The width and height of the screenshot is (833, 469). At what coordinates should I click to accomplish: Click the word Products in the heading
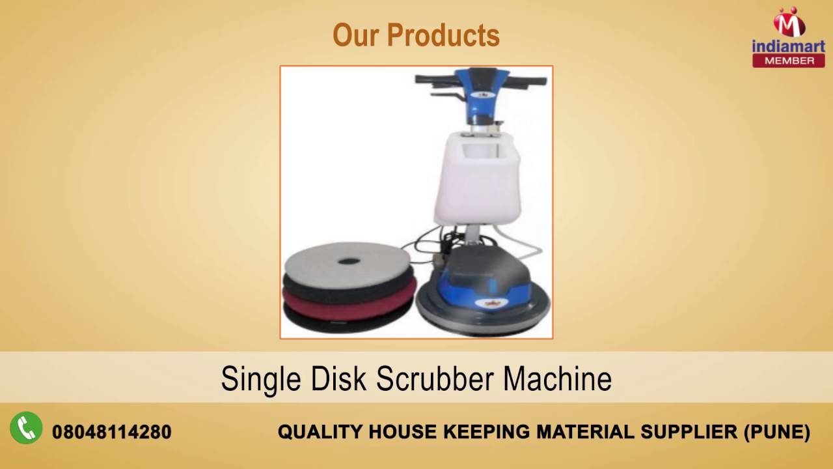coord(443,36)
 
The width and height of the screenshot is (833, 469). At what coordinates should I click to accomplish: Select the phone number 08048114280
coord(111,432)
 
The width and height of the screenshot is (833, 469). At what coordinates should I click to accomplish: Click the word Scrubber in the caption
coord(437,379)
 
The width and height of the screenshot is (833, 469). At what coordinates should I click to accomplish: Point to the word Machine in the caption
coord(558,379)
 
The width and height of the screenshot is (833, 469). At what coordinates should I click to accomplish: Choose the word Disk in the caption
coord(340,379)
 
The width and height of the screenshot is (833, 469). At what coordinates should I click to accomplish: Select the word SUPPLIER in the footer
coord(685,432)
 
